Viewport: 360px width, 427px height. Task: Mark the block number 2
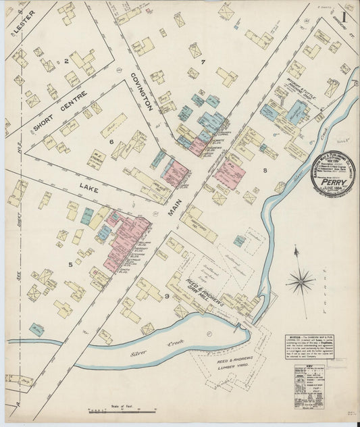pyautogui.click(x=66, y=61)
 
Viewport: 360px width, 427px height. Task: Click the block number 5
pyautogui.click(x=70, y=264)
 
